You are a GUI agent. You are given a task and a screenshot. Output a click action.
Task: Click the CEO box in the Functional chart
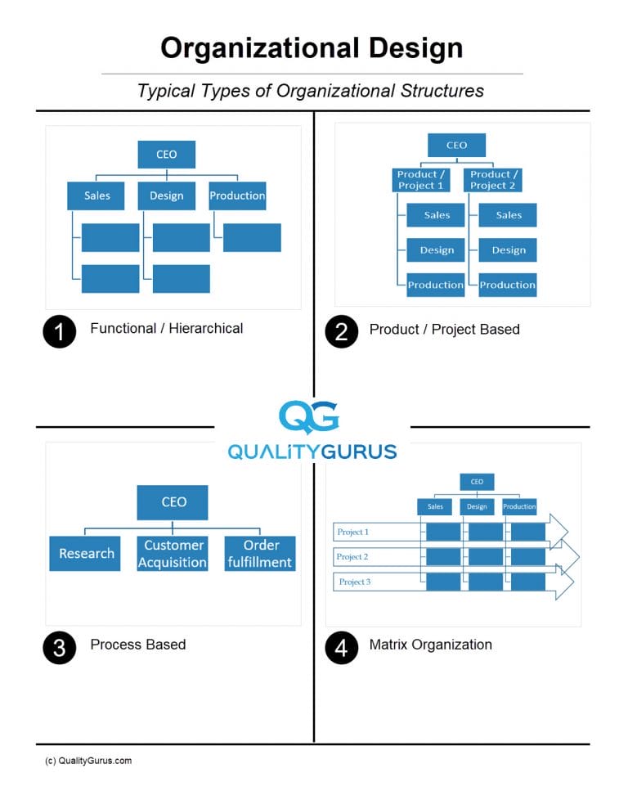[166, 154]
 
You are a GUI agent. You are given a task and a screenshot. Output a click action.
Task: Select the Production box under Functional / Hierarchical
[237, 196]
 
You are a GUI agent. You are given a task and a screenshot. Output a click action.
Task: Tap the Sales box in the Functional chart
[96, 196]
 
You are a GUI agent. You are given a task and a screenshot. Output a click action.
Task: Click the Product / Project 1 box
[421, 180]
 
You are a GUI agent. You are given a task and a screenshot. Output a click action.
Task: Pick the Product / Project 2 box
[493, 180]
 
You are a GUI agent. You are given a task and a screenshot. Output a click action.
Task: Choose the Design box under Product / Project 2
[508, 250]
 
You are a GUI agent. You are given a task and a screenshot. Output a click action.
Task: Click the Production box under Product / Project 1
[436, 285]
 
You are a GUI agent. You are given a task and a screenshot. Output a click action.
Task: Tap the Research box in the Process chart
[85, 554]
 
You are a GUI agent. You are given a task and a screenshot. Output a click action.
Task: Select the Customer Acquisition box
[173, 554]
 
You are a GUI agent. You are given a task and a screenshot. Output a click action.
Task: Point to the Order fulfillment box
[260, 554]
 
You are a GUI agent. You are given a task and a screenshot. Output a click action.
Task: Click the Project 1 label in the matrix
[353, 533]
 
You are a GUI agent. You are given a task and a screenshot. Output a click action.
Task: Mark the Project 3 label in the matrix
[355, 582]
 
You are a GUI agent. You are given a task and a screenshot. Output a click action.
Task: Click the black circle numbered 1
[59, 331]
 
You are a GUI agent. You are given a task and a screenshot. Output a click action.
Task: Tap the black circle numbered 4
[341, 648]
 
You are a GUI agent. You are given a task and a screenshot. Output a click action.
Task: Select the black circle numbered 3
[59, 648]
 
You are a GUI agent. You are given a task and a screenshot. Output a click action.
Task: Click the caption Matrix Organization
[430, 645]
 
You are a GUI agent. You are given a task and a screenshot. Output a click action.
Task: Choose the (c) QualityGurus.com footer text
[88, 761]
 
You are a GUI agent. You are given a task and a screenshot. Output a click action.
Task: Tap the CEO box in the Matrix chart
[477, 482]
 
